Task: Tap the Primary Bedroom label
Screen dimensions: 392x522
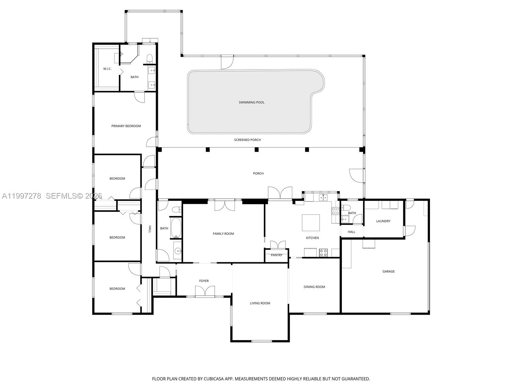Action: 126,126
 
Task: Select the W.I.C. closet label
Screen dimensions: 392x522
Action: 107,69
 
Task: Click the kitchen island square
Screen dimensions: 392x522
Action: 311,223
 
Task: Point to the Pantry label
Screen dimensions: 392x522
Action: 276,255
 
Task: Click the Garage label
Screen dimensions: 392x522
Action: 388,271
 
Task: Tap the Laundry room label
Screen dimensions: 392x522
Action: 383,221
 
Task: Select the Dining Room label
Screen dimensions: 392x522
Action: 314,287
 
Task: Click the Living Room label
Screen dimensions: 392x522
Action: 260,303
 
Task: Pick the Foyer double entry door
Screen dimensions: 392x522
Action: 205,291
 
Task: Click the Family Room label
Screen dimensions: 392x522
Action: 223,234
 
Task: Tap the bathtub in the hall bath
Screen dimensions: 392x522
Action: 176,228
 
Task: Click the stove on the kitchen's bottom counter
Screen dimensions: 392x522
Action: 323,252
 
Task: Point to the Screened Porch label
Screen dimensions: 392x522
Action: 247,140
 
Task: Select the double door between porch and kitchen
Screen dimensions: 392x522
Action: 280,193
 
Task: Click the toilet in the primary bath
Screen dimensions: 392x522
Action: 150,59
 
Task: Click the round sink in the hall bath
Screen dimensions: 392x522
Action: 177,251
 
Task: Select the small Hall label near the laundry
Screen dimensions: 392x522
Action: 351,232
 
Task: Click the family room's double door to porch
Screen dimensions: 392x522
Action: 224,205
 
